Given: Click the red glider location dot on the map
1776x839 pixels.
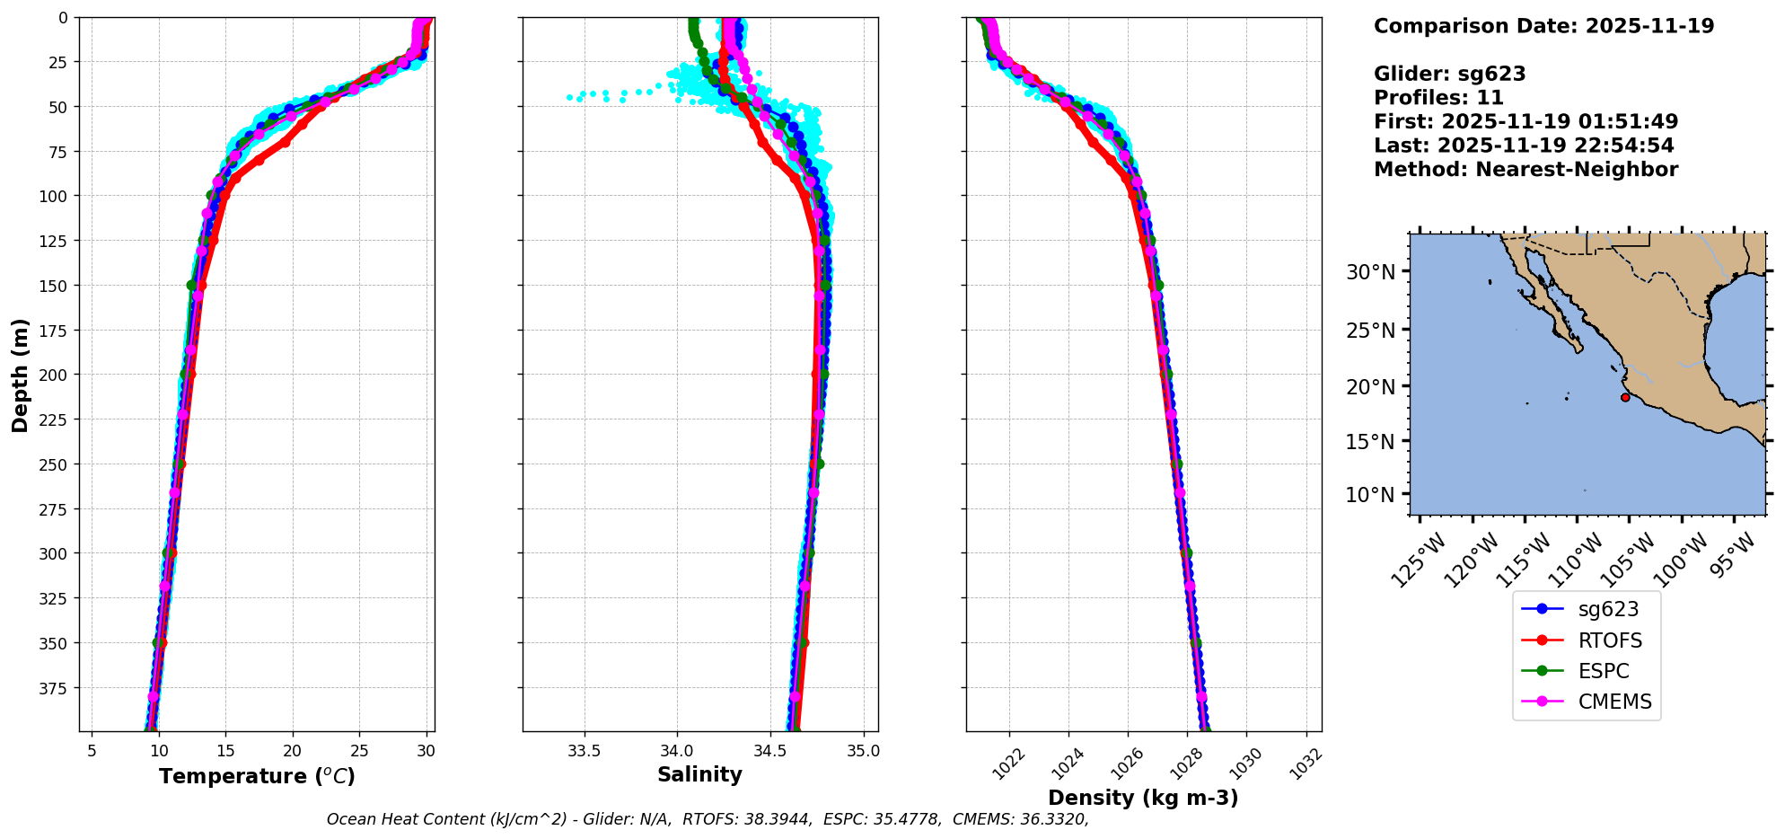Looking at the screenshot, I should (x=1625, y=397).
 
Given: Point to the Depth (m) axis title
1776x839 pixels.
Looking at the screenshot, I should (x=20, y=375).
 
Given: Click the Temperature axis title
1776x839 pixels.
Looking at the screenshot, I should (x=257, y=776).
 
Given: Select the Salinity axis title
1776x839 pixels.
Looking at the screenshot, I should (x=699, y=774).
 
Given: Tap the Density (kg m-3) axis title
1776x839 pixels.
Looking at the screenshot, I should (x=1143, y=798).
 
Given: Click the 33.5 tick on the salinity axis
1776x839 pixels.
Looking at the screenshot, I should (x=584, y=751).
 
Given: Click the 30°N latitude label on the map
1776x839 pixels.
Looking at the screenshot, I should (x=1370, y=272).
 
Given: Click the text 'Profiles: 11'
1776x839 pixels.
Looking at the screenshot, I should (x=1438, y=98).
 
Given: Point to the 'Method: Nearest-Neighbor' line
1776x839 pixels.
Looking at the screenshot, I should (x=1525, y=170).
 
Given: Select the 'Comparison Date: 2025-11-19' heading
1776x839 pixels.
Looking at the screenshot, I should (x=1543, y=26).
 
